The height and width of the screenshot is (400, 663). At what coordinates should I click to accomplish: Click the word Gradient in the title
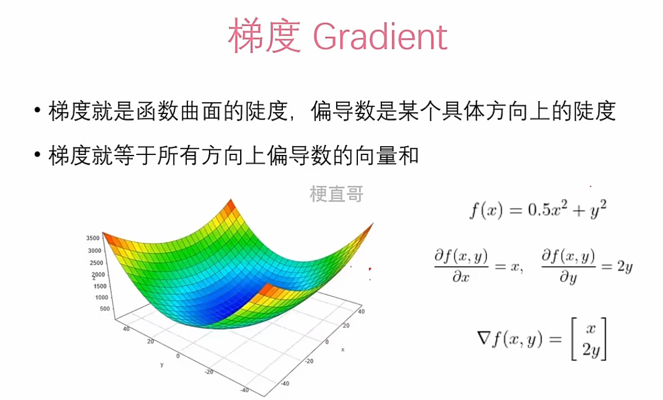pyautogui.click(x=380, y=37)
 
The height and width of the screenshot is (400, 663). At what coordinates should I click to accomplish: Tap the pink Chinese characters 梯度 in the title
pyautogui.click(x=265, y=36)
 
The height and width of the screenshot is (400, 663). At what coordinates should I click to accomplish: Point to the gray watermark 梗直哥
pyautogui.click(x=337, y=194)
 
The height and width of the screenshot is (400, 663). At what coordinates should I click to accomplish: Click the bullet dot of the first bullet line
pyautogui.click(x=38, y=111)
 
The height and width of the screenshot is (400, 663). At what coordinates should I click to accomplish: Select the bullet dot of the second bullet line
pyautogui.click(x=38, y=154)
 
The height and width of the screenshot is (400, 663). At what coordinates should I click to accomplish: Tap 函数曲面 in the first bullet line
pyautogui.click(x=180, y=112)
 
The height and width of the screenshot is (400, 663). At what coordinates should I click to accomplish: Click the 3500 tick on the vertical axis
pyautogui.click(x=93, y=238)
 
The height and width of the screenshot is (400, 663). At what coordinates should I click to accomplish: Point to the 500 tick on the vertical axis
pyautogui.click(x=105, y=309)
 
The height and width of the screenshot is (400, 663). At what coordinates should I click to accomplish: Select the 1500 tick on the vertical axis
pyautogui.click(x=100, y=286)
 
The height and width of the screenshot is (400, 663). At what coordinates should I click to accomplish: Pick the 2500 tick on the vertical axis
pyautogui.click(x=96, y=263)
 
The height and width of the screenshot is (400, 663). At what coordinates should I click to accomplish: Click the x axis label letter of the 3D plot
pyautogui.click(x=342, y=349)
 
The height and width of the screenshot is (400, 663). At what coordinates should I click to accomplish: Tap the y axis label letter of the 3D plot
pyautogui.click(x=162, y=364)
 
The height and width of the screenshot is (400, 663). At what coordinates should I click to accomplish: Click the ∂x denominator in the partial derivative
pyautogui.click(x=461, y=277)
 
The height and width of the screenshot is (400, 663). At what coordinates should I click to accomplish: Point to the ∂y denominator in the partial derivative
pyautogui.click(x=568, y=277)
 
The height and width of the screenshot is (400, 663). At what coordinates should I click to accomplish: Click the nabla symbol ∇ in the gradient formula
pyautogui.click(x=483, y=338)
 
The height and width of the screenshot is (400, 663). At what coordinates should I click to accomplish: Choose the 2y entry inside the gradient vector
pyautogui.click(x=591, y=350)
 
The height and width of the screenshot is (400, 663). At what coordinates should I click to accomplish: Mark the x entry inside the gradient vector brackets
pyautogui.click(x=591, y=328)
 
